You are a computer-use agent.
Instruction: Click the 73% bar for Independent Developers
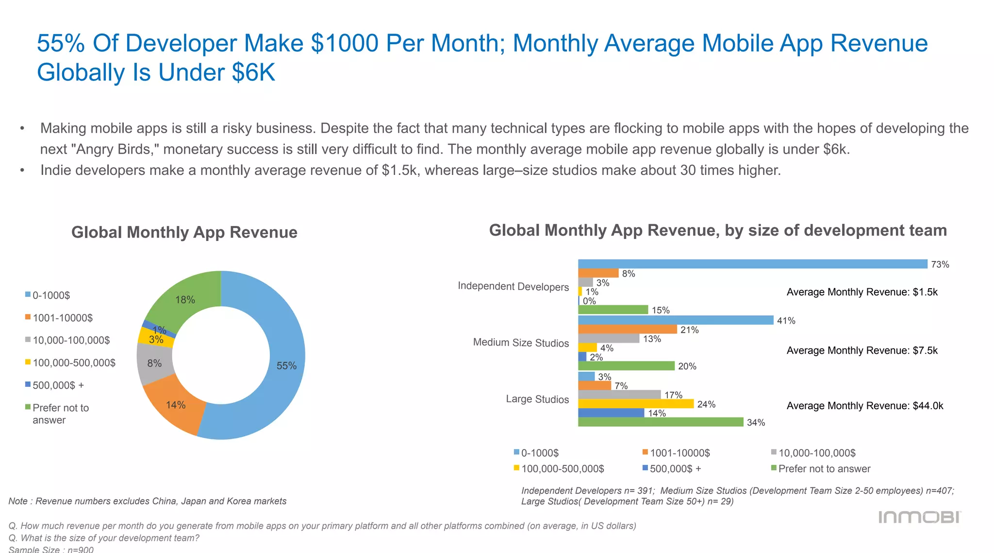[752, 264]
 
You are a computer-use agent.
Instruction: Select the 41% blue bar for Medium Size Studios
[675, 320]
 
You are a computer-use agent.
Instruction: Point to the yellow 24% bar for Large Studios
[636, 404]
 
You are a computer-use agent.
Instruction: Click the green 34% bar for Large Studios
[660, 422]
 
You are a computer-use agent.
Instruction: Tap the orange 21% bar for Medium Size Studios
[627, 329]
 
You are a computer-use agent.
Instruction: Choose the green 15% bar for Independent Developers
[613, 310]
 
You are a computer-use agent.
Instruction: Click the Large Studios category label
[537, 399]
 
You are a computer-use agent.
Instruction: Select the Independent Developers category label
[513, 287]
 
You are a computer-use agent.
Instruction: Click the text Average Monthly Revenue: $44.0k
[864, 406]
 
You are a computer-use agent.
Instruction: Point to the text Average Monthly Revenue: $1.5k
[862, 292]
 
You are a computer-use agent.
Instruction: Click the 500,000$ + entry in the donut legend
[58, 385]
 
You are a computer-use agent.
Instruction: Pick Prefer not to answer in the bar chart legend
[824, 469]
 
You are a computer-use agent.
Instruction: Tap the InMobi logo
[919, 517]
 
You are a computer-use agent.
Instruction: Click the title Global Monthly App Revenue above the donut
[184, 232]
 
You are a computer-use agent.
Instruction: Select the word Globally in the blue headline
[81, 72]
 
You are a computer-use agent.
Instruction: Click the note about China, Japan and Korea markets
[147, 501]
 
